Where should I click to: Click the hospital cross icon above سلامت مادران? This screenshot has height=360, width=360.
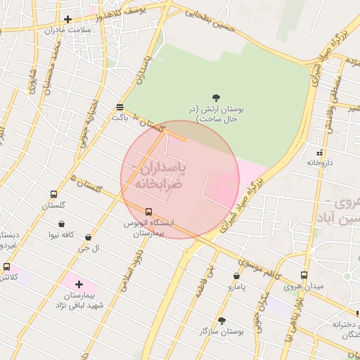tap(67, 19)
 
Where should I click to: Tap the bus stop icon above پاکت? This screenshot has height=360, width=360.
tap(120, 107)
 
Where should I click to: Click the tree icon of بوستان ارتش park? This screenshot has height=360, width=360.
tap(216, 98)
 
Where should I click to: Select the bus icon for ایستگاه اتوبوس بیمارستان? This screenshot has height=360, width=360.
tap(148, 212)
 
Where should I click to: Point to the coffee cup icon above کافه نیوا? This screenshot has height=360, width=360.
tap(63, 224)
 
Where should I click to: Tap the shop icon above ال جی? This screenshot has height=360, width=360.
tap(88, 238)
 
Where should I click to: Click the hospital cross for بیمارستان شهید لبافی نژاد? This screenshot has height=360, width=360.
tap(79, 285)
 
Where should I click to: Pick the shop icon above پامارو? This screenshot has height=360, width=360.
tap(236, 276)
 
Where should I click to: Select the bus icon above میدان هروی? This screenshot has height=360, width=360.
tap(304, 276)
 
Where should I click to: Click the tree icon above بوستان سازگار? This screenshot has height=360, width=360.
tap(222, 320)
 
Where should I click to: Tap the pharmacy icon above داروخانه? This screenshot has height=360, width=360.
tap(320, 152)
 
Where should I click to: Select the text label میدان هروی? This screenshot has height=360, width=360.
tap(304, 287)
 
